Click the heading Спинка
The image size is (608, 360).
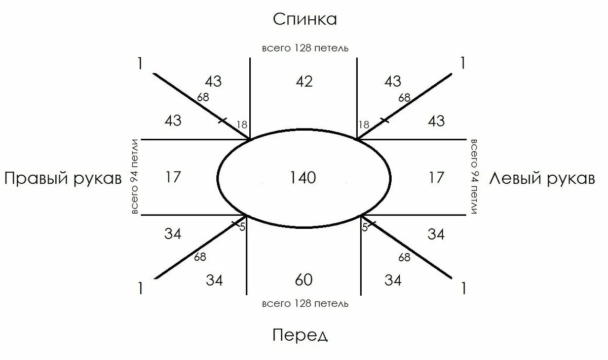305,19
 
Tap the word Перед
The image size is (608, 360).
300,335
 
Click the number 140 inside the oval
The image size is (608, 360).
302,178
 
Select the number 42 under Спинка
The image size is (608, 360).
304,82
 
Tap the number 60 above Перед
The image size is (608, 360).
303,279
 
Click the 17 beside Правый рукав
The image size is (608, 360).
173,178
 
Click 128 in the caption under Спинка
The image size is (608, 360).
302,49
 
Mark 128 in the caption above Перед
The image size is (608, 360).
302,304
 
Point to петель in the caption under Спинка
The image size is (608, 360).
332,49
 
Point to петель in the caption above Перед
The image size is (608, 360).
332,304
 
